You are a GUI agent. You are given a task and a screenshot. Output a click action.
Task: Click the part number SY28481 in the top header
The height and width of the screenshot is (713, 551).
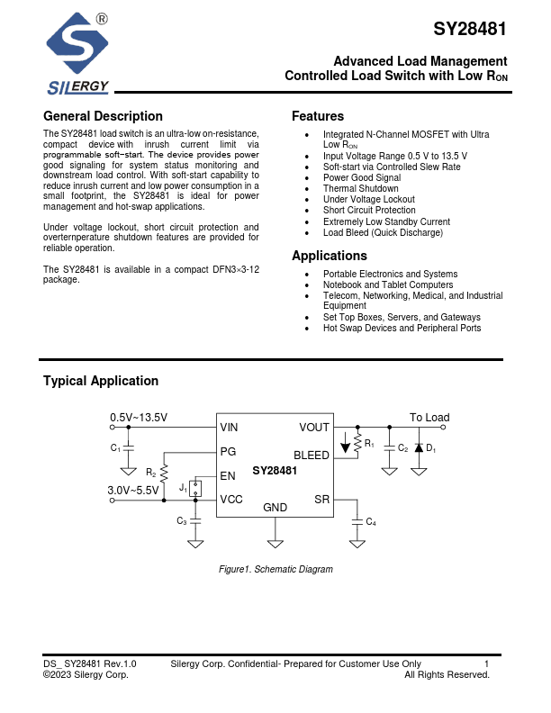click(469, 29)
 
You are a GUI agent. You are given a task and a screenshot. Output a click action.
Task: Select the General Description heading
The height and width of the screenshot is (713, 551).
click(103, 116)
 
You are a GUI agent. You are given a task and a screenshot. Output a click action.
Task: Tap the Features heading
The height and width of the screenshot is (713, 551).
click(317, 116)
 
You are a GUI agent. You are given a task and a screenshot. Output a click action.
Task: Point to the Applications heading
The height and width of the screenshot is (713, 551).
click(329, 256)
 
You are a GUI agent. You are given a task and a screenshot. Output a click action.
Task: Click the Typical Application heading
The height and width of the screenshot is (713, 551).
click(101, 381)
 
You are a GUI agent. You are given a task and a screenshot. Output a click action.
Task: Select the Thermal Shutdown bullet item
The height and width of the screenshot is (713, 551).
click(360, 189)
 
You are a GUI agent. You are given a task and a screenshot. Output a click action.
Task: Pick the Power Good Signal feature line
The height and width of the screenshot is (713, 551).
click(362, 178)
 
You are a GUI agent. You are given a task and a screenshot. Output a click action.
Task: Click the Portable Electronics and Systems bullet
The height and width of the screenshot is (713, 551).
click(390, 274)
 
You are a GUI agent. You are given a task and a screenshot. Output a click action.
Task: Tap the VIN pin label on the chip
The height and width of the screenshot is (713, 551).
click(230, 428)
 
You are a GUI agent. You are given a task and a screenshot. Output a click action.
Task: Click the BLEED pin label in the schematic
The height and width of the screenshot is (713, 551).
click(312, 456)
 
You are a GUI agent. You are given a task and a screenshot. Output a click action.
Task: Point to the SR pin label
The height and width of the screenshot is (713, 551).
click(322, 499)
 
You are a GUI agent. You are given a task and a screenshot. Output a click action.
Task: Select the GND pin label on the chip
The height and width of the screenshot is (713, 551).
click(275, 508)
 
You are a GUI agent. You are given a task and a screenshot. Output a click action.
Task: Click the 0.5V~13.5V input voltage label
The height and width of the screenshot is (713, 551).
click(139, 418)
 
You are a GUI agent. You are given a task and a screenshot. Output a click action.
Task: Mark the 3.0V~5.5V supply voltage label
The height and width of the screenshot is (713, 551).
click(139, 490)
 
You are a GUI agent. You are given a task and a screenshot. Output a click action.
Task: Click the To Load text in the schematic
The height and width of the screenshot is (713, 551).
click(429, 418)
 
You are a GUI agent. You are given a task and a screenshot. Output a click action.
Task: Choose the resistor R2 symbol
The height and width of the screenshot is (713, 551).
click(164, 472)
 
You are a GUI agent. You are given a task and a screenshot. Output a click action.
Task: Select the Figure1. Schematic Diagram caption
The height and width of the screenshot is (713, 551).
click(275, 569)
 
